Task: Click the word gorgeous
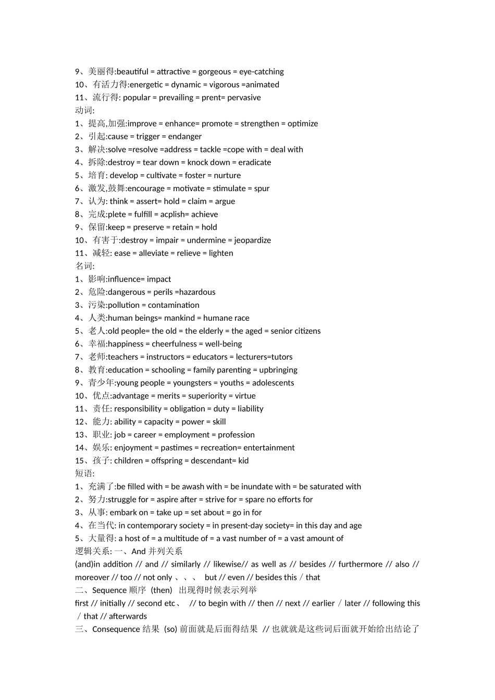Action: (214, 72)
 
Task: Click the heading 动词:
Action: (85, 110)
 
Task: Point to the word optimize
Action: (303, 124)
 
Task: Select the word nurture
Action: (227, 176)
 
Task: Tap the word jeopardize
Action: (253, 240)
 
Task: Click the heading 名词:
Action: (85, 266)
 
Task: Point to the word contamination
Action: (174, 305)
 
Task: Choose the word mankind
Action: (180, 318)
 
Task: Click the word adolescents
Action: (273, 383)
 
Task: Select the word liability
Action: (251, 409)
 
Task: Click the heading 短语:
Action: (85, 473)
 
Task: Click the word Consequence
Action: (116, 629)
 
